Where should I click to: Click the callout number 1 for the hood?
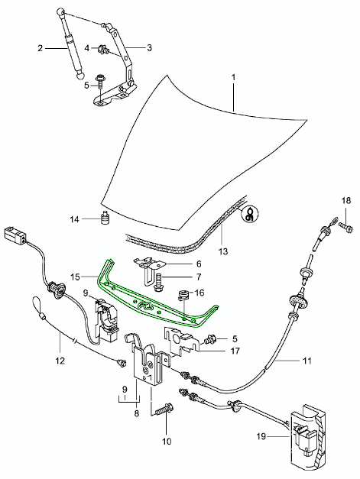pos(233,77)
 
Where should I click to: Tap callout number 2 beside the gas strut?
pos(40,48)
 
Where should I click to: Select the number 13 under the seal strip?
pos(223,251)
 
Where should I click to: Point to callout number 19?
pos(261,436)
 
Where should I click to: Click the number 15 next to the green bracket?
pos(75,277)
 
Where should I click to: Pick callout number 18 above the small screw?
pos(346,201)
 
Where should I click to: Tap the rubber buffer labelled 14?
pos(105,218)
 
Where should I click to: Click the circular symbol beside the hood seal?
pos(250,212)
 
